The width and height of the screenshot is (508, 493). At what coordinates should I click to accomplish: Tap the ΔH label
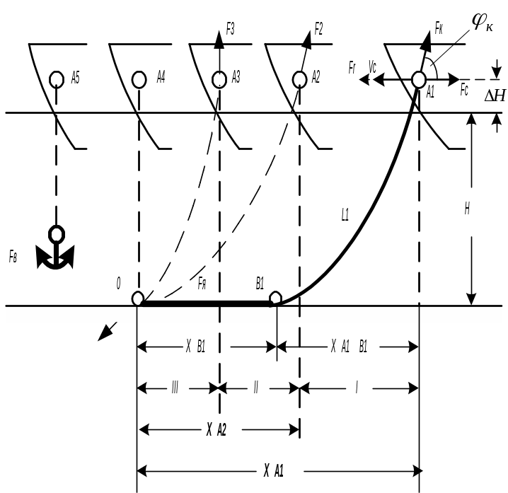[x=495, y=95]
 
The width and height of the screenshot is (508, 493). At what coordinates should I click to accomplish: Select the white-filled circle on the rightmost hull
[x=419, y=79]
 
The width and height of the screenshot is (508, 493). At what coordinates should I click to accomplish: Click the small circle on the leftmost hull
[x=57, y=79]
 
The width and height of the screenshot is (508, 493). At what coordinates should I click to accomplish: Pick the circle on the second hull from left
[x=139, y=79]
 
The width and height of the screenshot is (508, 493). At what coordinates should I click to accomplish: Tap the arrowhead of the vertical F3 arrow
[x=219, y=40]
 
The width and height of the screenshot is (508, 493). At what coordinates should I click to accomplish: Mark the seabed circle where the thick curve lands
[x=276, y=298]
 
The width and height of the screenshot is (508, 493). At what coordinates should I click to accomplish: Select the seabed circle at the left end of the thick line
[x=138, y=298]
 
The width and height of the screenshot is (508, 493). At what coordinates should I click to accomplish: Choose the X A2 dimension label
[x=216, y=429]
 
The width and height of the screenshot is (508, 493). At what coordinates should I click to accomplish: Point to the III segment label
[x=174, y=388]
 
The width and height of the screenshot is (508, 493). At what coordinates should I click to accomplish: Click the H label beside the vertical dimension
[x=468, y=210]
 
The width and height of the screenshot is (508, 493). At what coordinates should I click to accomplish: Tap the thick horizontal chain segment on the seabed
[x=205, y=303]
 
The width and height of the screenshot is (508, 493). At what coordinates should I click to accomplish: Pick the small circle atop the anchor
[x=56, y=233]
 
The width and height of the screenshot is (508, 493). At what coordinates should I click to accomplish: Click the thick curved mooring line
[x=368, y=212]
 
